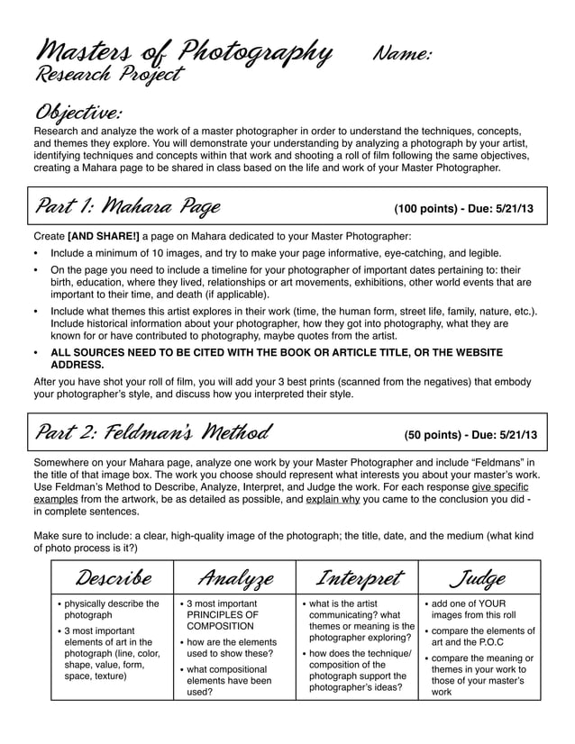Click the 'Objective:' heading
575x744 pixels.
click(x=78, y=113)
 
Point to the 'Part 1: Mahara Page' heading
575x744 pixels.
click(x=127, y=208)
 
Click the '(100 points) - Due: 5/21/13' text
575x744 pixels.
click(x=463, y=209)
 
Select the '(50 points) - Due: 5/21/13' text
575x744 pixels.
click(x=470, y=434)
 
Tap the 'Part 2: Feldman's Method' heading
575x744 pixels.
click(x=152, y=433)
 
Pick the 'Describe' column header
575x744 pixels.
click(x=113, y=576)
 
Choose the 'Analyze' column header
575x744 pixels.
click(x=235, y=576)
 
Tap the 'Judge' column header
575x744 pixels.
click(x=479, y=576)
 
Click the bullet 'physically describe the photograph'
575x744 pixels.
click(x=111, y=610)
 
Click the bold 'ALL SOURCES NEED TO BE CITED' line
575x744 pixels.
click(x=270, y=352)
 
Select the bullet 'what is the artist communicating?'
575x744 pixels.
click(x=353, y=610)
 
